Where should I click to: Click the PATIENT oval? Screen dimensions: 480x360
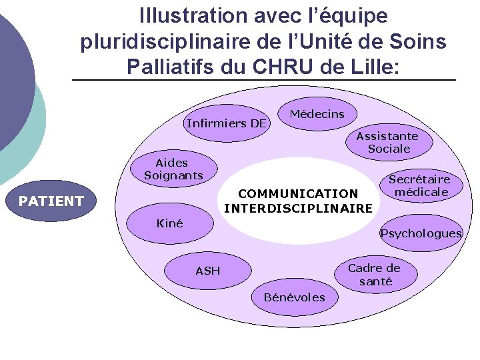(51, 201)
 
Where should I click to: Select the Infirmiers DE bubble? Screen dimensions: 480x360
(227, 123)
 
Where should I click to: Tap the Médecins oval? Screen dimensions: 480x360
(317, 114)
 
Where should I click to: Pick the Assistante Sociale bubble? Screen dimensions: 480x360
(387, 142)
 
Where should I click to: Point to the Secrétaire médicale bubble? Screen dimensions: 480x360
(419, 186)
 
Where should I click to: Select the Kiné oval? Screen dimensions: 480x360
(170, 224)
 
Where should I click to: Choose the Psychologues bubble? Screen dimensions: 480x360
(421, 233)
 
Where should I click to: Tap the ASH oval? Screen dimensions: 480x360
(208, 271)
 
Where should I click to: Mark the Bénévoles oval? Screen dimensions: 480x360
(295, 297)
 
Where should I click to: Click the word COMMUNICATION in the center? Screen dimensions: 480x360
(298, 194)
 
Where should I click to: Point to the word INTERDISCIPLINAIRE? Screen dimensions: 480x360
(298, 209)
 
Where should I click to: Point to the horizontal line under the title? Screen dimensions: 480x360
(263, 81)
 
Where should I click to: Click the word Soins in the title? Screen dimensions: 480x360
(419, 41)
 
